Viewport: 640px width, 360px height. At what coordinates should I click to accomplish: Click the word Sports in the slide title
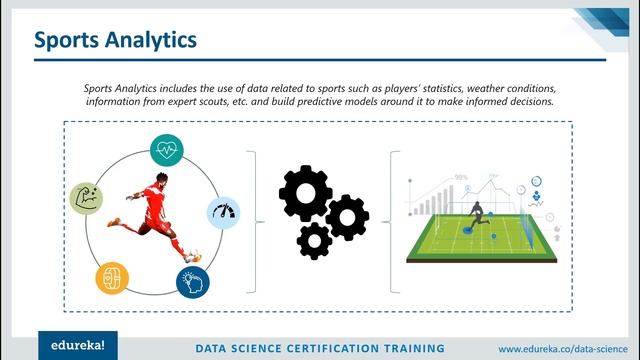point(70,40)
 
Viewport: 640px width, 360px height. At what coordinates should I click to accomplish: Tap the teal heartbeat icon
point(166,150)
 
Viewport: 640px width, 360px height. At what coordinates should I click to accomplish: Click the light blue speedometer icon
point(223,212)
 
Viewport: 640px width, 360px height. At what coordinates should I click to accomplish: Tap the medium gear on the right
point(347,216)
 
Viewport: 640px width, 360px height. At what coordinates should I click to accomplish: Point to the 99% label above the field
point(461,177)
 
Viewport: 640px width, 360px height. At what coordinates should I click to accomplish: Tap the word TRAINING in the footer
point(409,349)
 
